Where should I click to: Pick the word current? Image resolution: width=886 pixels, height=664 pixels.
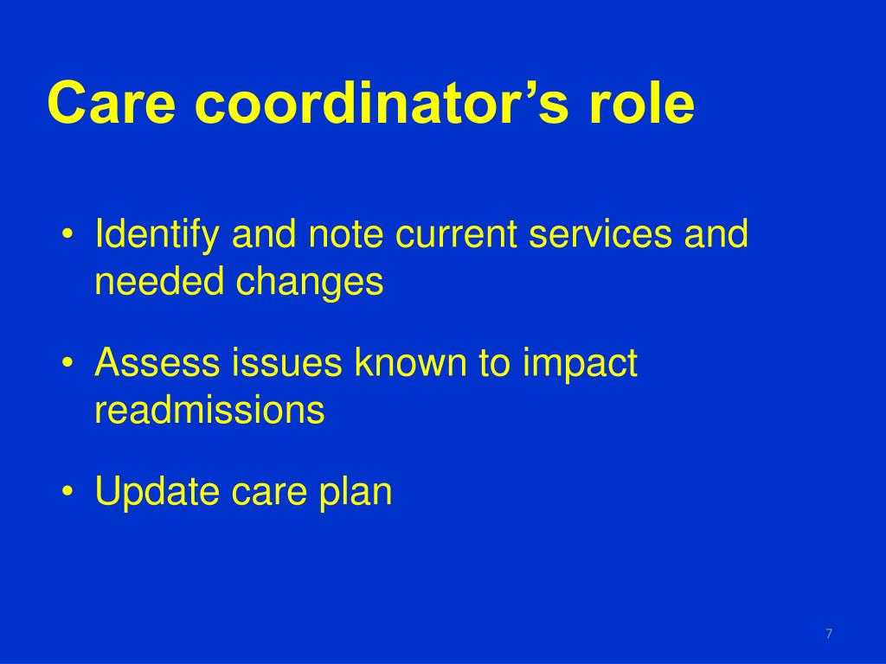coord(456,234)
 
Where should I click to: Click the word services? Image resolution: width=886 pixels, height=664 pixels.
coord(600,233)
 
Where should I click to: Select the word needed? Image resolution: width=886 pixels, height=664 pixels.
coord(159,281)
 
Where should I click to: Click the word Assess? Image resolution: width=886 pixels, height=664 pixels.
coord(157,362)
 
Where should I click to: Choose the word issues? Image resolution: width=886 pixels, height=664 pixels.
coord(286,362)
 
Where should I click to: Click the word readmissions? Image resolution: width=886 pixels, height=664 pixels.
coord(209,409)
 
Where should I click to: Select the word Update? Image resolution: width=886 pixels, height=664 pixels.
coord(157,492)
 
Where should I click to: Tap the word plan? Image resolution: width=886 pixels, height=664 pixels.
coord(356,492)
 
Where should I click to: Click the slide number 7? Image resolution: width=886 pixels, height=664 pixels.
coord(829,634)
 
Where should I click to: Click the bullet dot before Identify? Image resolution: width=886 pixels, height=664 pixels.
coord(67,233)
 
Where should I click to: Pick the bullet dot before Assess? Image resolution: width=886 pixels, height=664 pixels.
coord(67,362)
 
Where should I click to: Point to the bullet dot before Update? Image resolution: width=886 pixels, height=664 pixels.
coord(67,490)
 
